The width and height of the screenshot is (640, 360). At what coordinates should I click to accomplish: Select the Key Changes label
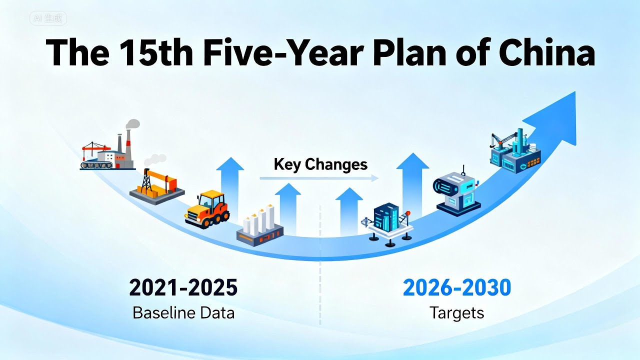tap(320, 164)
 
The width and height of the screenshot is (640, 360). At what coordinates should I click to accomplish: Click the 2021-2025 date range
tap(183, 288)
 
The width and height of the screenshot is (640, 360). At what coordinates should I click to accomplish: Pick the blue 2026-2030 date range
tap(457, 288)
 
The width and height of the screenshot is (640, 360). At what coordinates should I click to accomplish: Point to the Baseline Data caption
tap(183, 313)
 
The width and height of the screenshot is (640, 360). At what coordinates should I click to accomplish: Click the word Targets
tap(457, 313)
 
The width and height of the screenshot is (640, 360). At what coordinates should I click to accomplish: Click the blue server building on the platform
tap(388, 222)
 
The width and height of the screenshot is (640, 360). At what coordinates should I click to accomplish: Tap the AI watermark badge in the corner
tap(48, 18)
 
